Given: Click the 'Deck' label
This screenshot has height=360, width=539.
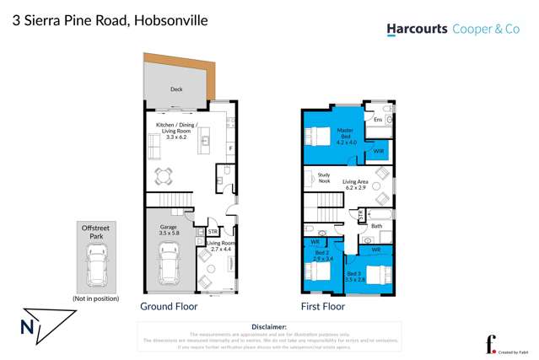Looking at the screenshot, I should click(x=176, y=89).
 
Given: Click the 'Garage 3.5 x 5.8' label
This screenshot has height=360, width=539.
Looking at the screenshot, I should click(x=170, y=230).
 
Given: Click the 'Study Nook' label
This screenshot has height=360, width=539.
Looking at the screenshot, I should click(x=324, y=178).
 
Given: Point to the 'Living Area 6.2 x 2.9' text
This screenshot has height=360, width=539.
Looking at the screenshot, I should click(x=354, y=184).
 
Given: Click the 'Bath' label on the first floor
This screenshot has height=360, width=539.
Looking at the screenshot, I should click(x=376, y=225).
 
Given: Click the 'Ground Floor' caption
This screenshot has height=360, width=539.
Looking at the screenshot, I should click(x=169, y=307).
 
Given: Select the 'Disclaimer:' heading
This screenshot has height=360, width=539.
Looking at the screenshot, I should click(x=269, y=326).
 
